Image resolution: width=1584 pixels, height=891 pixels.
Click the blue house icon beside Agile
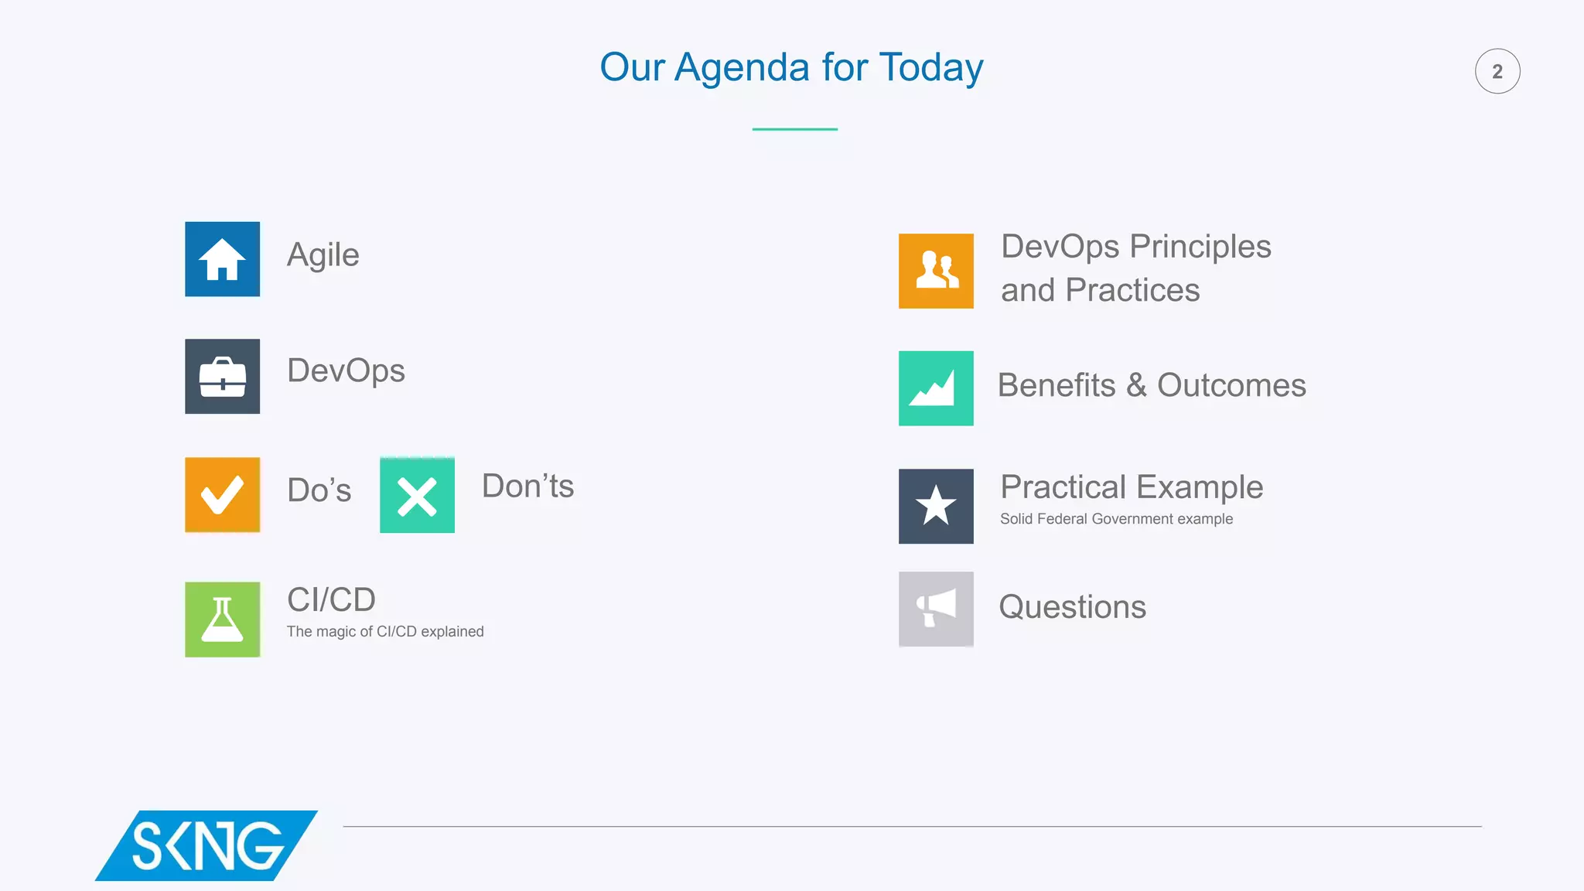222,259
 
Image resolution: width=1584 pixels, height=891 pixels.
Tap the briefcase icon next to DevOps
222,377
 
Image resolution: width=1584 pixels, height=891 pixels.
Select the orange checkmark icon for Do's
222,495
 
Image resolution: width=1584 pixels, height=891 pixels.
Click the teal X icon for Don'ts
417,495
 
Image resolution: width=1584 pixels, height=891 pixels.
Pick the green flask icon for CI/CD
222,620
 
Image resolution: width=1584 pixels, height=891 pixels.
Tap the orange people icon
936,271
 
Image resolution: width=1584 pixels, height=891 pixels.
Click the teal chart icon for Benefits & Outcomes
936,388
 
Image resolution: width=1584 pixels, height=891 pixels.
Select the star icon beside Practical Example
936,506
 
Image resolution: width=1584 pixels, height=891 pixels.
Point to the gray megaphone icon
936,609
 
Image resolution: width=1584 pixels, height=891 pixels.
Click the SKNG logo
207,845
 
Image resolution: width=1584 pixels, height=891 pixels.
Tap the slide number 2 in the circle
1497,71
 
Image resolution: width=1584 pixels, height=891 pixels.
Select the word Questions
1072,607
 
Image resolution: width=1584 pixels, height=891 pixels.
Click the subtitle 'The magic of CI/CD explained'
385,632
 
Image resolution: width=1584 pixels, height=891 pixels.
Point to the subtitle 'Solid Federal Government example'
1116,519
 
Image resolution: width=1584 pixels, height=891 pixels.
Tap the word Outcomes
1231,385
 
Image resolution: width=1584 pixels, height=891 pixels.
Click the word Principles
1200,247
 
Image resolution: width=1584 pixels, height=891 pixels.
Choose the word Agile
323,255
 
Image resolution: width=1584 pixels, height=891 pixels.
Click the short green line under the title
794,129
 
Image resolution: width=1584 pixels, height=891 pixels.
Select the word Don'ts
528,486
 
